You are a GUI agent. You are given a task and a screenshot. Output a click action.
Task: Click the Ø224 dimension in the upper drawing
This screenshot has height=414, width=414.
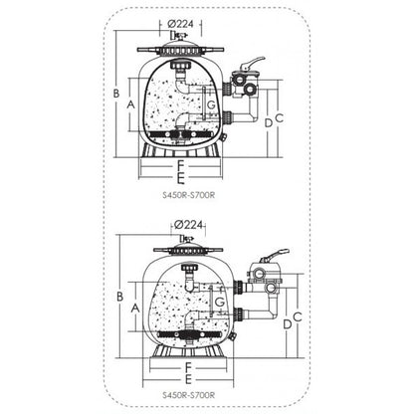[x=180, y=24]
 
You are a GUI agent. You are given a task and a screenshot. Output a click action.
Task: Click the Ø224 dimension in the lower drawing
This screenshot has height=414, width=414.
[x=188, y=225]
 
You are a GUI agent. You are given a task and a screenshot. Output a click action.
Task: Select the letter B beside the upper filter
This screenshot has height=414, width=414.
[x=116, y=94]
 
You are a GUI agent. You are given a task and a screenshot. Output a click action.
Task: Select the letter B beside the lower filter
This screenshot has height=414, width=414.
[x=120, y=297]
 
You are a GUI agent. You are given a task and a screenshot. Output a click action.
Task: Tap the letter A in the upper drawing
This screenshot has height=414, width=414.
[x=131, y=104]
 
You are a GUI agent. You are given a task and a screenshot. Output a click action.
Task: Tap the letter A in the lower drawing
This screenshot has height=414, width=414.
[x=135, y=309]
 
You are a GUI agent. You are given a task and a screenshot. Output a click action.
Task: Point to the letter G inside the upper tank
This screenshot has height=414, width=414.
[x=211, y=104]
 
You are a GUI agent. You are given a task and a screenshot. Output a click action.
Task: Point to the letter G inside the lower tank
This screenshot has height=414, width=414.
[x=220, y=303]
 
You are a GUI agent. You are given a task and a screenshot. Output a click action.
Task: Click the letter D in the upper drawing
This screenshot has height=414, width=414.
[x=269, y=123]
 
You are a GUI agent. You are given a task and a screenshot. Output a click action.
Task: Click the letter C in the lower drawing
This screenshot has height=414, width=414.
[x=298, y=316]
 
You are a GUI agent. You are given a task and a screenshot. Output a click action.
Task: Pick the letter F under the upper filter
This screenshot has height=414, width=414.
[x=180, y=165]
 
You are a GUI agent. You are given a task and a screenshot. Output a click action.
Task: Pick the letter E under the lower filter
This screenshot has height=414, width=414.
[x=188, y=380]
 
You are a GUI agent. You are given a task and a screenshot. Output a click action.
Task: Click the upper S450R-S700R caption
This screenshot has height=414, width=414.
[x=189, y=195]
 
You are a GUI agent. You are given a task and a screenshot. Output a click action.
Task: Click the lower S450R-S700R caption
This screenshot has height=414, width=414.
[x=189, y=395]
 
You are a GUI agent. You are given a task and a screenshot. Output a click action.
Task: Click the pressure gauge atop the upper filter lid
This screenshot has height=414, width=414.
[x=179, y=35]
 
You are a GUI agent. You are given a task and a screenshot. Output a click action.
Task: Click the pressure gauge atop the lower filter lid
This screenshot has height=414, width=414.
[x=186, y=239]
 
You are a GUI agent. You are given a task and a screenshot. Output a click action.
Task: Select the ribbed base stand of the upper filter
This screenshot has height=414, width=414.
[x=180, y=151]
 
